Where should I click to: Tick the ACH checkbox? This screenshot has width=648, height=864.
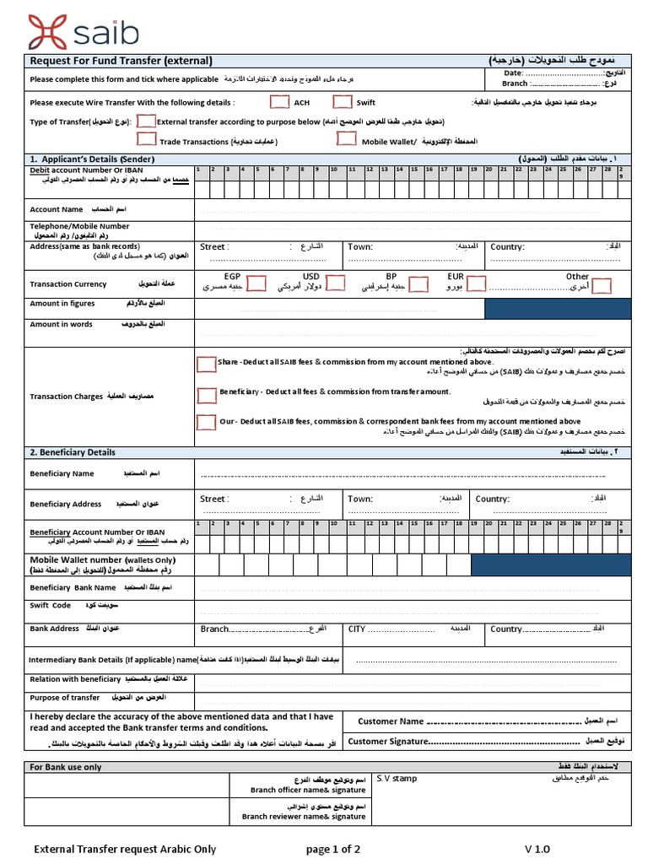[279, 102]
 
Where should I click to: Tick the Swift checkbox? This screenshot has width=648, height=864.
[342, 102]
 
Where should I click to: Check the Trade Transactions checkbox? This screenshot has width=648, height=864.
[146, 140]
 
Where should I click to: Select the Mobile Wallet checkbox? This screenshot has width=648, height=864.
[346, 139]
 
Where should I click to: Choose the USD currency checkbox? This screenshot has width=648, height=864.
[335, 283]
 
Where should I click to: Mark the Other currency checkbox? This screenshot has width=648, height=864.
[601, 286]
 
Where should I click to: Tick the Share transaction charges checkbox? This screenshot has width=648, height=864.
[206, 364]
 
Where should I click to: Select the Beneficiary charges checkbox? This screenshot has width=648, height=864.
[206, 394]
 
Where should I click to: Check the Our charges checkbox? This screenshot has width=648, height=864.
[206, 422]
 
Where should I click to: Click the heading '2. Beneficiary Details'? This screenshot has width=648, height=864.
[73, 452]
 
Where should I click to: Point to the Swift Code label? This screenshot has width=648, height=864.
[51, 606]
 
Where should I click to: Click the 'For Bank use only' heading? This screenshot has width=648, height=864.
[66, 767]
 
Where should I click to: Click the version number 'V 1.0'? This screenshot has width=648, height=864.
[537, 849]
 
